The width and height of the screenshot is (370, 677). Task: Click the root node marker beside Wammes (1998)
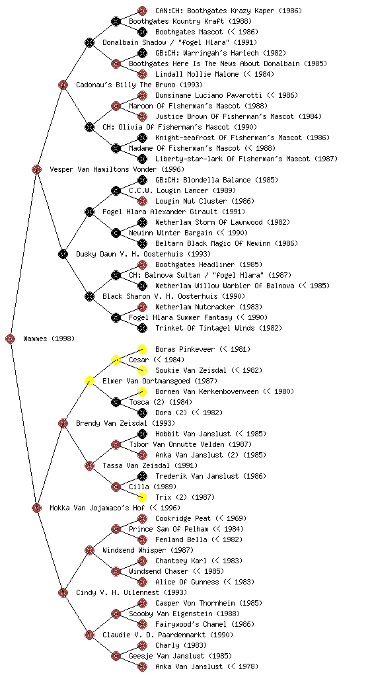click(x=11, y=339)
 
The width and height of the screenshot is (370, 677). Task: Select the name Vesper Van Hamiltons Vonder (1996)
click(x=117, y=169)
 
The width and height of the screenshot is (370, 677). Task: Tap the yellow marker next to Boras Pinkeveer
click(x=142, y=349)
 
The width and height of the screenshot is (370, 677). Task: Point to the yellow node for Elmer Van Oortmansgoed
click(x=89, y=381)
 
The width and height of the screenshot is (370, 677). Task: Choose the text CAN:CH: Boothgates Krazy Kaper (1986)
click(x=229, y=11)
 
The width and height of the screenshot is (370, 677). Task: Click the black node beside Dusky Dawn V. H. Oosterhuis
click(x=63, y=255)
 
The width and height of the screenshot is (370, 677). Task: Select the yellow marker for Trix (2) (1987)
click(x=142, y=497)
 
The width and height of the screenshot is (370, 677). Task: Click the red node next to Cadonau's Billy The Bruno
click(x=63, y=85)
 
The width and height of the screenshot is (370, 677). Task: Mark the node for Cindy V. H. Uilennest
click(x=63, y=592)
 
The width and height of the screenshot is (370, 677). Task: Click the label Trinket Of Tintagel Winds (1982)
click(x=219, y=328)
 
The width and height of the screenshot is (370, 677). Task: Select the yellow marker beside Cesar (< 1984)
click(x=116, y=360)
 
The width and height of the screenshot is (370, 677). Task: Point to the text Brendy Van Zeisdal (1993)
click(x=126, y=423)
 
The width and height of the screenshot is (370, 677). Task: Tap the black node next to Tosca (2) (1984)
click(x=116, y=403)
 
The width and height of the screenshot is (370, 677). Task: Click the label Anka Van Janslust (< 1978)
click(x=207, y=666)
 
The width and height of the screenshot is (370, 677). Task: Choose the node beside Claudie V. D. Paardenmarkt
click(x=89, y=635)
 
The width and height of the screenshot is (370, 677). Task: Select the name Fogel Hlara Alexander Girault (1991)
click(x=174, y=212)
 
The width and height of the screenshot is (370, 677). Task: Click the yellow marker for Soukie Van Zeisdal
click(x=142, y=370)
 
